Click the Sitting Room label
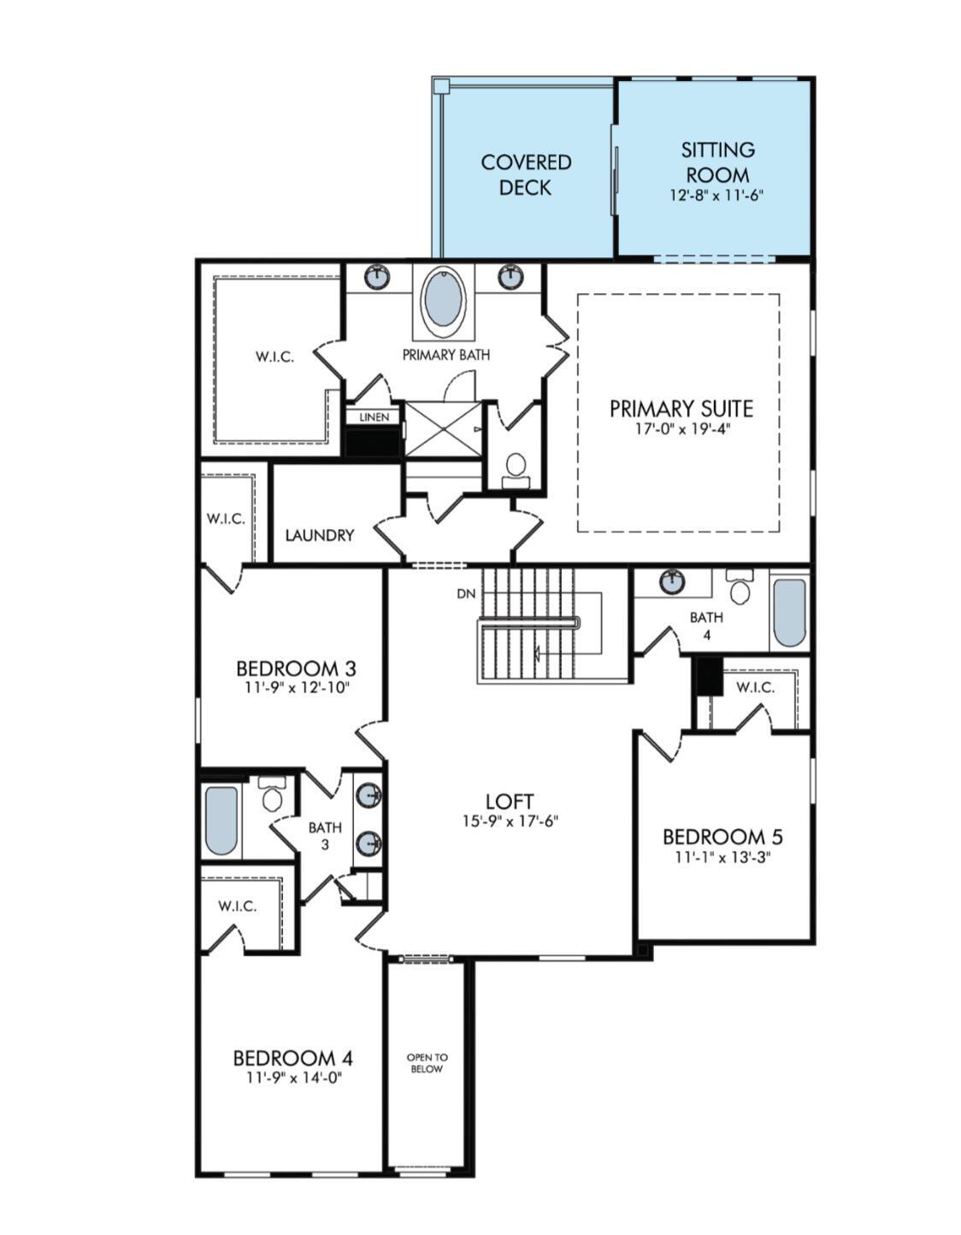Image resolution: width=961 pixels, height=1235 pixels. tap(717, 162)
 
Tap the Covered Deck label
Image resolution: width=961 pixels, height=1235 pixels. tap(525, 174)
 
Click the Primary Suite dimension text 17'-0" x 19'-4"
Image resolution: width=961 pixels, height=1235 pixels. tap(681, 428)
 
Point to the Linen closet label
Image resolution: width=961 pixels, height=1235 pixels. tap(374, 417)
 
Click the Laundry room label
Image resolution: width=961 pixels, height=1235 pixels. tap(319, 535)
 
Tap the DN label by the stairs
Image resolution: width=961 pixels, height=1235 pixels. tap(465, 594)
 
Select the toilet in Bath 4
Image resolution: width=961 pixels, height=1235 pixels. tap(740, 589)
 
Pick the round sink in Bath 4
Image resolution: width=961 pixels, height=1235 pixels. tap(673, 582)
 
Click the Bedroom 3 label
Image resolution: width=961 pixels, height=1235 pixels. tap(296, 667)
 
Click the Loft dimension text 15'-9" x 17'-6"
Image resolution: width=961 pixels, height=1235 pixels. tap(510, 821)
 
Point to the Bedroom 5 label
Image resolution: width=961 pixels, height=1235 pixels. tap(722, 836)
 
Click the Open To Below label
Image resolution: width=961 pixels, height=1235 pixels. tap(426, 1063)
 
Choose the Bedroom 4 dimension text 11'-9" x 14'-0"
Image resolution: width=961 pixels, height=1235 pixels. tap(294, 1078)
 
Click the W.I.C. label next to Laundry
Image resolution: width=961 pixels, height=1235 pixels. tap(226, 519)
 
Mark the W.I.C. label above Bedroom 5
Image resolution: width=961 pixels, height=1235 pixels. tap(755, 687)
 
